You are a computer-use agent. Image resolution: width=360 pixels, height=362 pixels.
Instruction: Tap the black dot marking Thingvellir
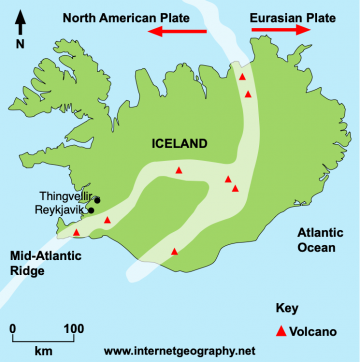(98, 199)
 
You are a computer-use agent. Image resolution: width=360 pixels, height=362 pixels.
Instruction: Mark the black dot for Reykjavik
(91, 210)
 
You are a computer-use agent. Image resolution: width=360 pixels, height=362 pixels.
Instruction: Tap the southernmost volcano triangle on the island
(176, 251)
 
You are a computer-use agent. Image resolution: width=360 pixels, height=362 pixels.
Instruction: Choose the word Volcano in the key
(314, 330)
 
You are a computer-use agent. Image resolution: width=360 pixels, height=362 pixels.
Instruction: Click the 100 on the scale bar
(73, 328)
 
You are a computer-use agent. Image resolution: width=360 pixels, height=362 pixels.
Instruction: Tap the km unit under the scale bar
(43, 352)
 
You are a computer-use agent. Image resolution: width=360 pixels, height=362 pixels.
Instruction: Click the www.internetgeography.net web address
(180, 351)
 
